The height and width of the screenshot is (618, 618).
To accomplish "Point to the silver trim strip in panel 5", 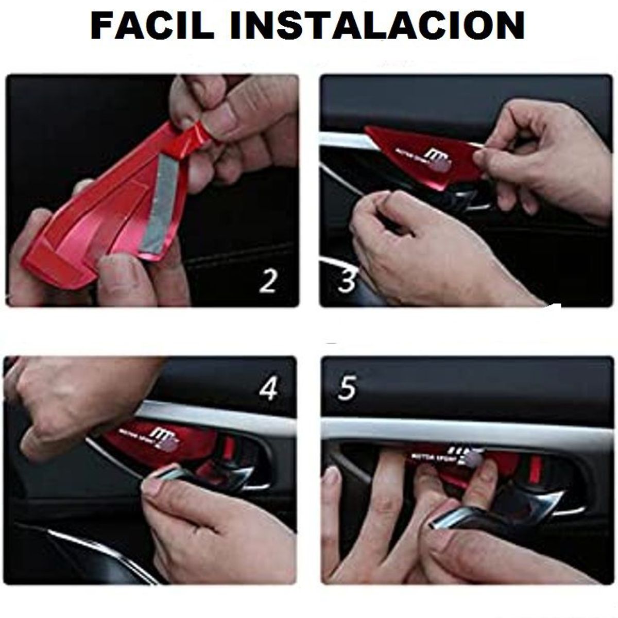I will click(x=463, y=430).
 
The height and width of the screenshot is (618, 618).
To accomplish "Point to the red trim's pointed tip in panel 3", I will click(x=367, y=132).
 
